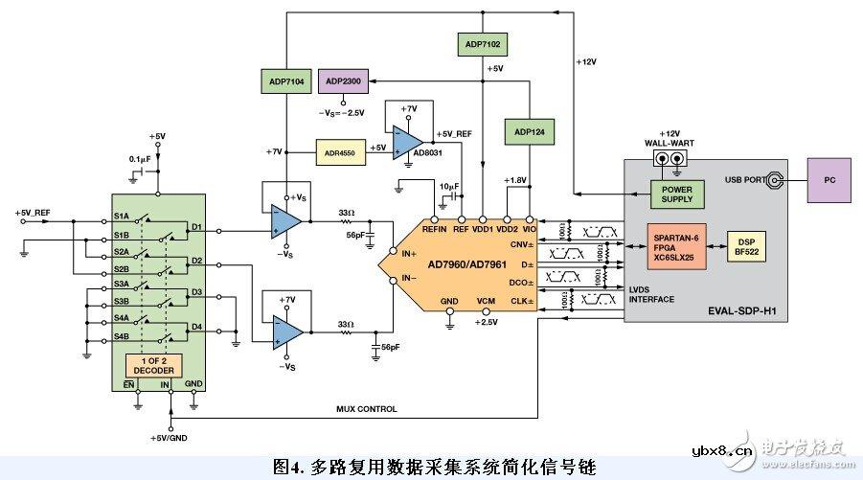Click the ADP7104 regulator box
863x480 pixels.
coord(286,82)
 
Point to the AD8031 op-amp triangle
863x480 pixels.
coord(406,139)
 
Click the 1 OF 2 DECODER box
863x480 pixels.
coord(152,365)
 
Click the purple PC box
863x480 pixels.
coord(829,179)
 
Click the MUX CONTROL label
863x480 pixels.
coord(366,409)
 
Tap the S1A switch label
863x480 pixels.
coord(122,217)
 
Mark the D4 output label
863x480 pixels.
coord(196,328)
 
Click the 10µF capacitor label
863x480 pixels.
coord(451,185)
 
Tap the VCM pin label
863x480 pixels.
coord(487,303)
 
